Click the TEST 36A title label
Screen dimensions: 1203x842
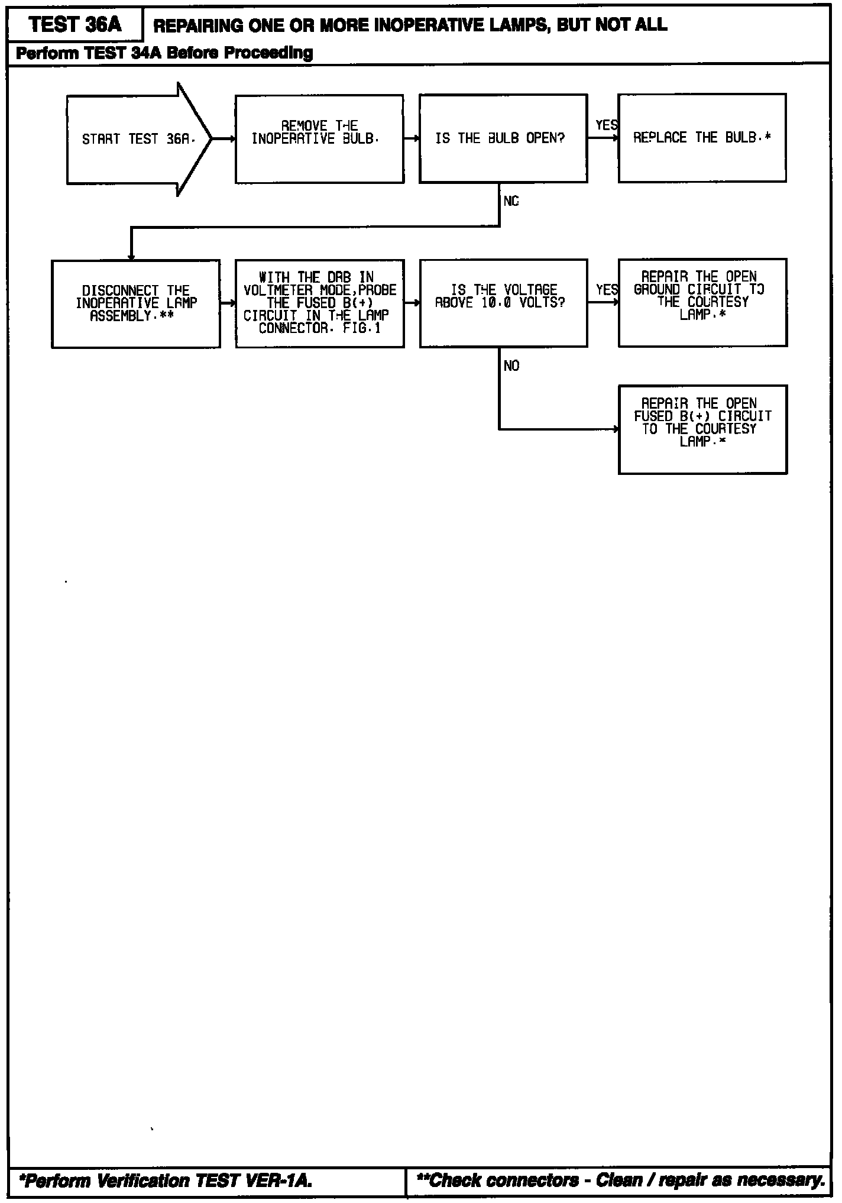coord(75,25)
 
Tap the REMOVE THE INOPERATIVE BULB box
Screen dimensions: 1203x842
coord(319,139)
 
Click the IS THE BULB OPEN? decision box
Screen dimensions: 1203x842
coord(503,138)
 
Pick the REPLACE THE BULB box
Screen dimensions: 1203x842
coord(702,138)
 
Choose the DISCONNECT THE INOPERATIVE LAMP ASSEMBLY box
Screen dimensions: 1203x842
coord(136,303)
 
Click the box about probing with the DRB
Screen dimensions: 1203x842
coord(320,303)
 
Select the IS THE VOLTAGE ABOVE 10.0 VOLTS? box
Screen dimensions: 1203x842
coord(503,303)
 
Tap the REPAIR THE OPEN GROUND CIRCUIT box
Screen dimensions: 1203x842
coord(702,302)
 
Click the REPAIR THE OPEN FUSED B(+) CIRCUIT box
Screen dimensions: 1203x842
coord(702,429)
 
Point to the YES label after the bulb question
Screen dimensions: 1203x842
coord(606,125)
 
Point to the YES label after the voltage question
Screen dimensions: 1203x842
coord(606,290)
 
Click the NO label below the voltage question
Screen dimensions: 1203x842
coord(511,366)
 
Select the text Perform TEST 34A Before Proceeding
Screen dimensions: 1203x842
coord(164,53)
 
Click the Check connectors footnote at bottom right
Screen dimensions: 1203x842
coord(621,1181)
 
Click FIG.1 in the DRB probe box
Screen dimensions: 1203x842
coord(362,328)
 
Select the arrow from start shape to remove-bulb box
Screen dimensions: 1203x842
coord(224,140)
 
